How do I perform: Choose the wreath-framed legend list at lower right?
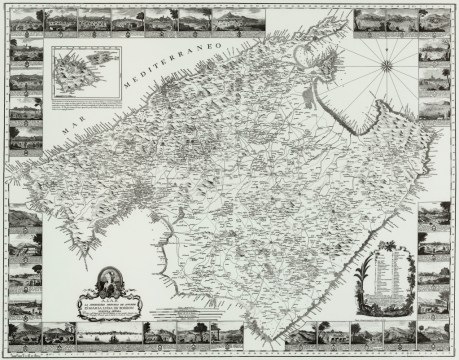(386, 274)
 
